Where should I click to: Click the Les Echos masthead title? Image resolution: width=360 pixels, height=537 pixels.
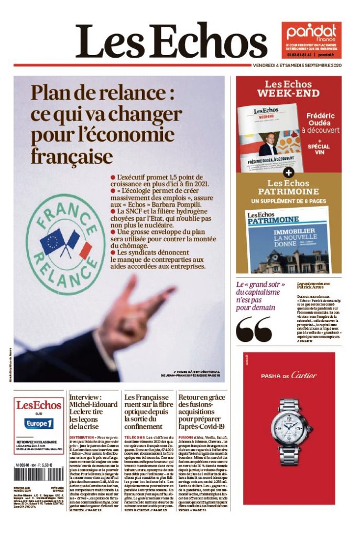(171, 41)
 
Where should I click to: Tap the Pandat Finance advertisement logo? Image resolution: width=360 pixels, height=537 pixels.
(311, 34)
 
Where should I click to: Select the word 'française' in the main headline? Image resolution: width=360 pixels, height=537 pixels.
(71, 156)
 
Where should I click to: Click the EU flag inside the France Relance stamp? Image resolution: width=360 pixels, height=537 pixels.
(52, 242)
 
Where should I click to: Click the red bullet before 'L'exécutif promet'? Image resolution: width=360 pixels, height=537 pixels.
(113, 177)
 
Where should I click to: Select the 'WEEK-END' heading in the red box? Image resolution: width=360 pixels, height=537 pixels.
(288, 93)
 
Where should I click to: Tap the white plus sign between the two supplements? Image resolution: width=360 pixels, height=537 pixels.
(288, 171)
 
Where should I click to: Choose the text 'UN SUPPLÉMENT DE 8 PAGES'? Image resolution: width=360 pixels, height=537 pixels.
(288, 201)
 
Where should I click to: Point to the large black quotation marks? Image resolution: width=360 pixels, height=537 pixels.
(254, 329)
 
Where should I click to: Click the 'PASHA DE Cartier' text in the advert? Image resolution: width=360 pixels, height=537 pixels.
(289, 375)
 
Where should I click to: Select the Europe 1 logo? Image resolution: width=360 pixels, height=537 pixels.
(39, 423)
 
